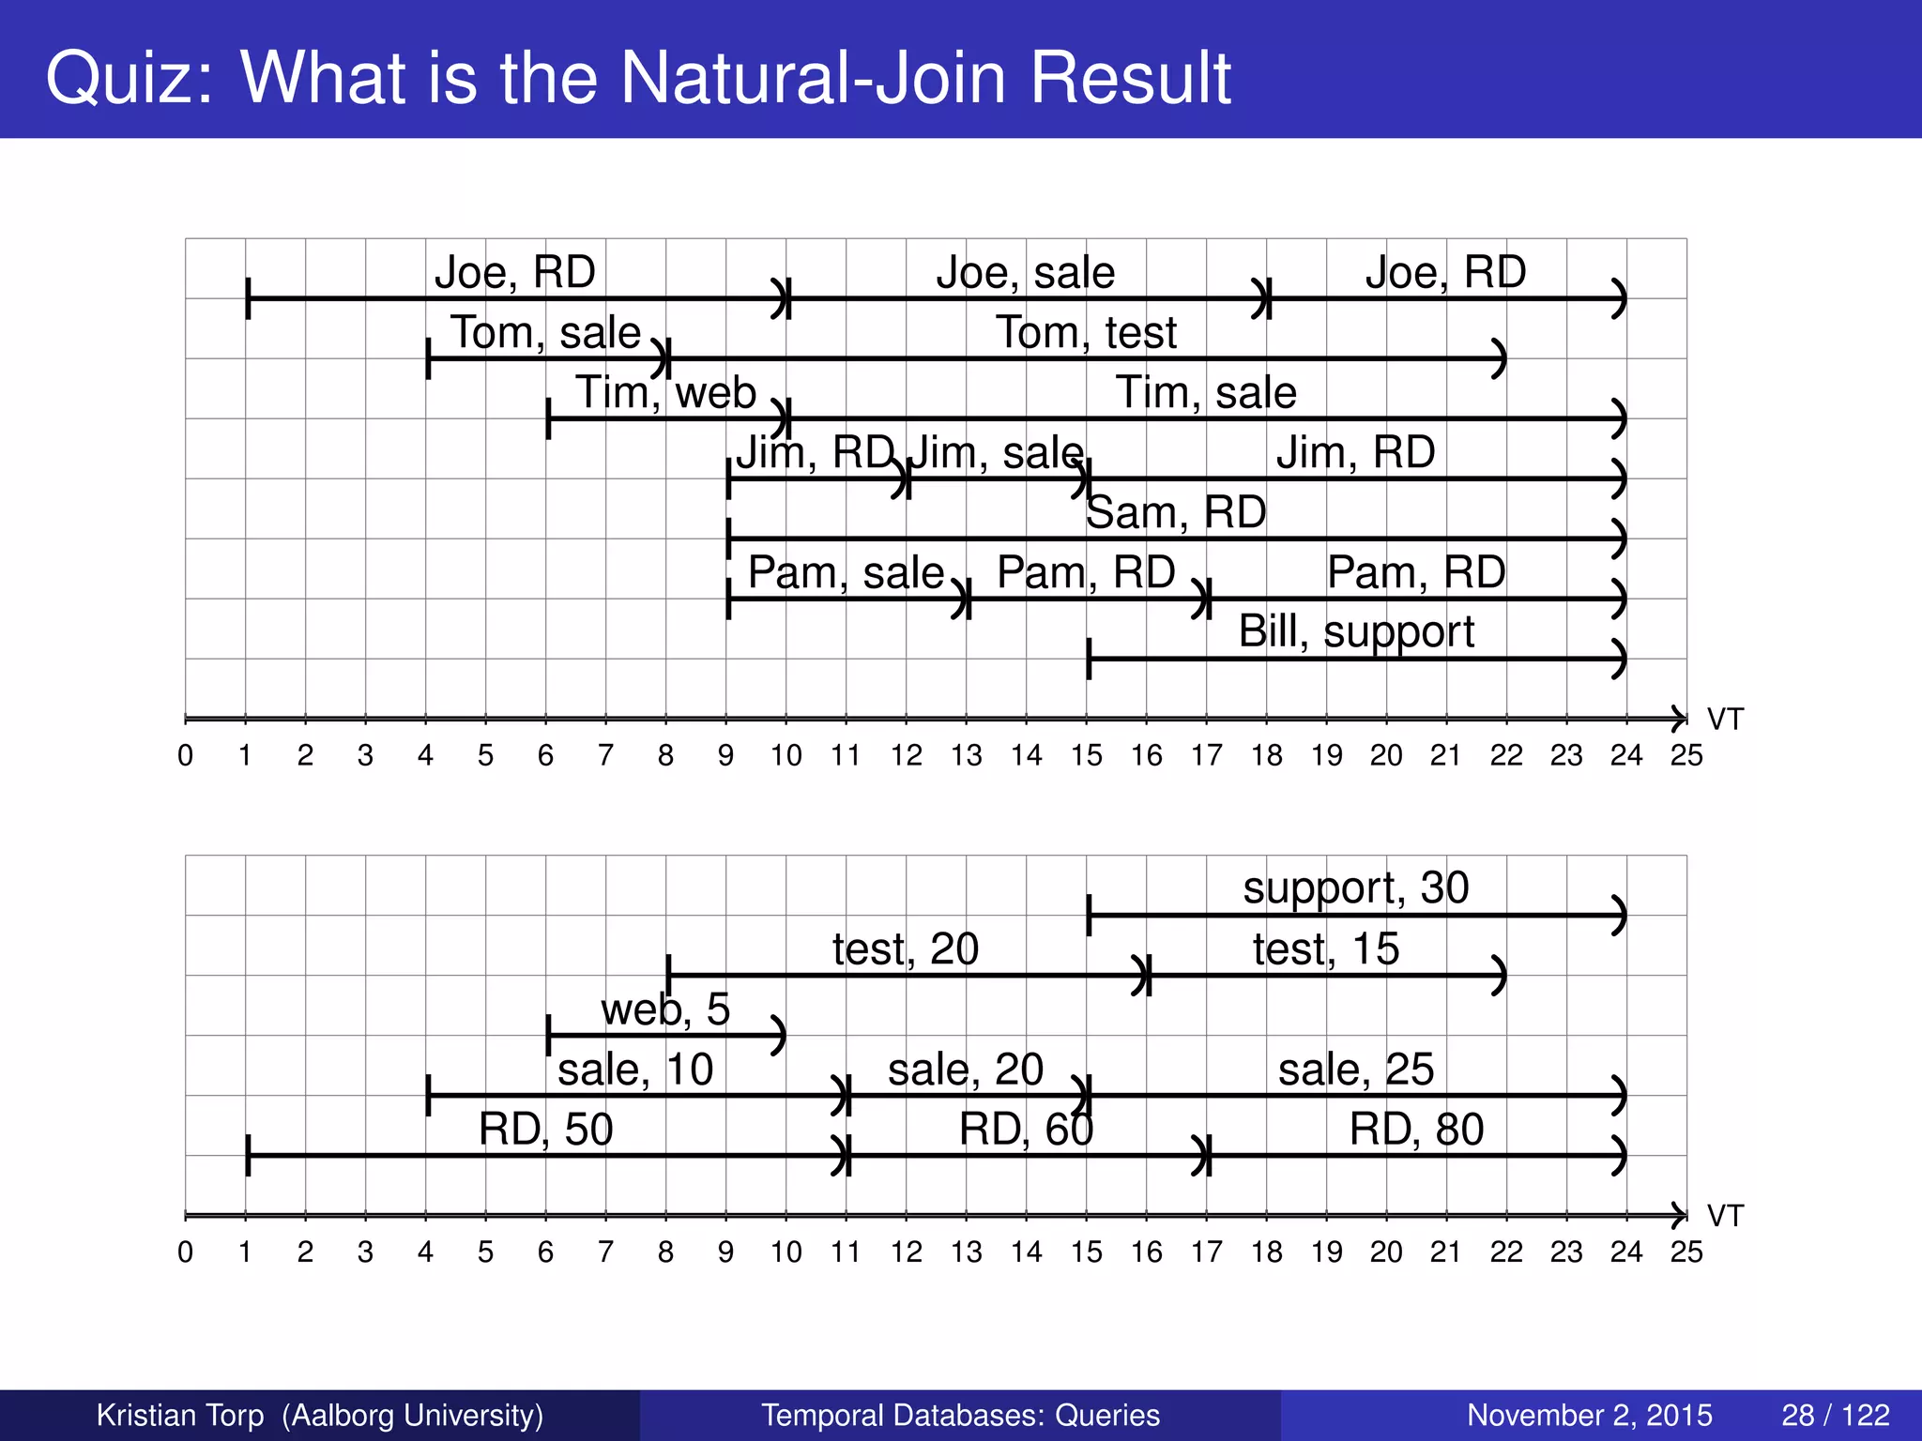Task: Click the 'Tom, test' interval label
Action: pyautogui.click(x=1086, y=333)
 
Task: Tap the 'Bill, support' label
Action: pyautogui.click(x=1356, y=631)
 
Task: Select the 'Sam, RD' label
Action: pyautogui.click(x=1176, y=513)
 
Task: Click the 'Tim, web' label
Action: pyautogui.click(x=665, y=392)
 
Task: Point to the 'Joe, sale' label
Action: pyautogui.click(x=1025, y=273)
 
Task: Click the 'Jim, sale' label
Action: pyautogui.click(x=997, y=453)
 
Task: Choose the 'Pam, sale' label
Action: pyautogui.click(x=846, y=572)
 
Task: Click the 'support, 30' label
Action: pyautogui.click(x=1356, y=887)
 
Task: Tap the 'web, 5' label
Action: pyautogui.click(x=665, y=1009)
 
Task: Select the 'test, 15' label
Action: pyautogui.click(x=1325, y=948)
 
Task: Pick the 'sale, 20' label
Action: pyautogui.click(x=966, y=1069)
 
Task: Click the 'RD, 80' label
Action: pyautogui.click(x=1416, y=1130)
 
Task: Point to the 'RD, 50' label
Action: pyautogui.click(x=545, y=1130)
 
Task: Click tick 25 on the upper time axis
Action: pyautogui.click(x=1686, y=754)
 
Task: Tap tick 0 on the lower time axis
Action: pyautogui.click(x=186, y=1251)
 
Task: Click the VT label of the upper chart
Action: pyautogui.click(x=1724, y=720)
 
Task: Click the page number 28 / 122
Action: pyautogui.click(x=1835, y=1415)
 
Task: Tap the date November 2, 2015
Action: pyautogui.click(x=1589, y=1415)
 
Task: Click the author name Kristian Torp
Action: pyautogui.click(x=180, y=1415)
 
